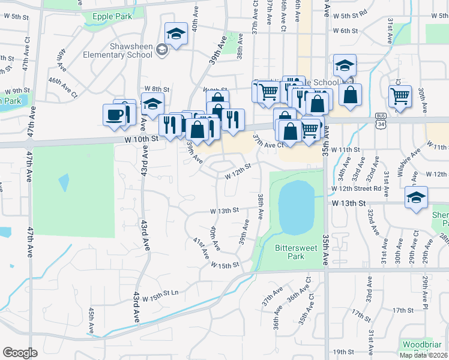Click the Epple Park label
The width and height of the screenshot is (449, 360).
click(111, 16)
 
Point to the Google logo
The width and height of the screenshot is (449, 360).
click(20, 353)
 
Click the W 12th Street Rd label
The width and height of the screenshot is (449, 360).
click(356, 188)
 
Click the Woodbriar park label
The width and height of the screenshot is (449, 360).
click(423, 344)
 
